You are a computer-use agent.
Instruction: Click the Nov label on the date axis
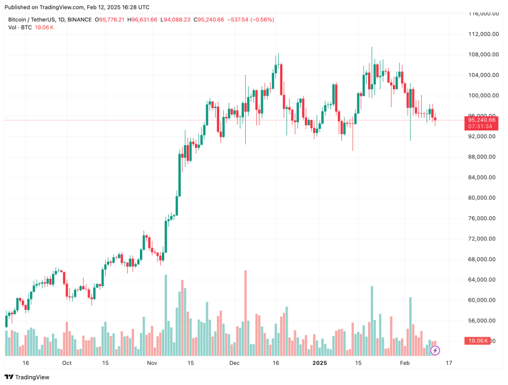pos(152,363)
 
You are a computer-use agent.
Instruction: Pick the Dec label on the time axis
pos(235,363)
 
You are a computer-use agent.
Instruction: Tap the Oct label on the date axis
pos(67,363)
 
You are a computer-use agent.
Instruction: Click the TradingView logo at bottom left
pos(27,377)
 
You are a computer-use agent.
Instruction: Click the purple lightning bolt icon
pos(435,350)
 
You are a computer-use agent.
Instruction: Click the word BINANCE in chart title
pos(76,19)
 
